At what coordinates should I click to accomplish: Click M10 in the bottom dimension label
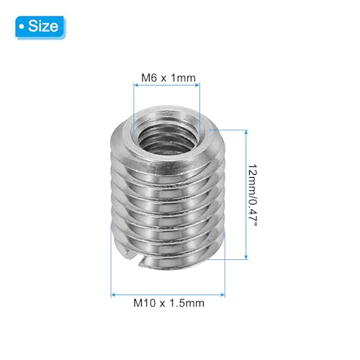point(143,304)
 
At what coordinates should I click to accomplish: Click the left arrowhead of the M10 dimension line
point(113,292)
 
